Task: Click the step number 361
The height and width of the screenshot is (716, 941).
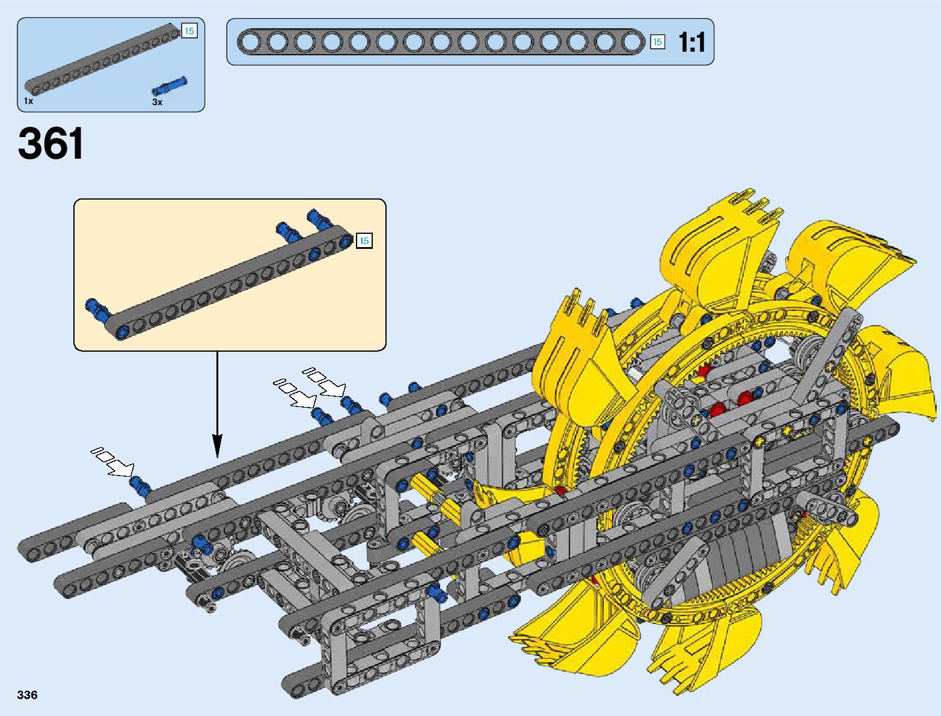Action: [x=51, y=143]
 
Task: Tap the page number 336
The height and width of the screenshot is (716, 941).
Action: [x=27, y=694]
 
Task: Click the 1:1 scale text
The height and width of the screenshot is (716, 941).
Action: [x=691, y=43]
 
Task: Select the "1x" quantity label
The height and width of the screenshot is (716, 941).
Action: [x=28, y=101]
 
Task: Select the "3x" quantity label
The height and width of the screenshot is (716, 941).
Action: [x=158, y=102]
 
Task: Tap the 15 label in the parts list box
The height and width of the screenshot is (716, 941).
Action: [x=189, y=31]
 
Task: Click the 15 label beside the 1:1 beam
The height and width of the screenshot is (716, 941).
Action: [x=657, y=42]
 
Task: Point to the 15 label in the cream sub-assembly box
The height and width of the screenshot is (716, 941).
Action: [x=364, y=240]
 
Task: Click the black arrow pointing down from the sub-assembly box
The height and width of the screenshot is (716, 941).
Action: [x=217, y=405]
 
